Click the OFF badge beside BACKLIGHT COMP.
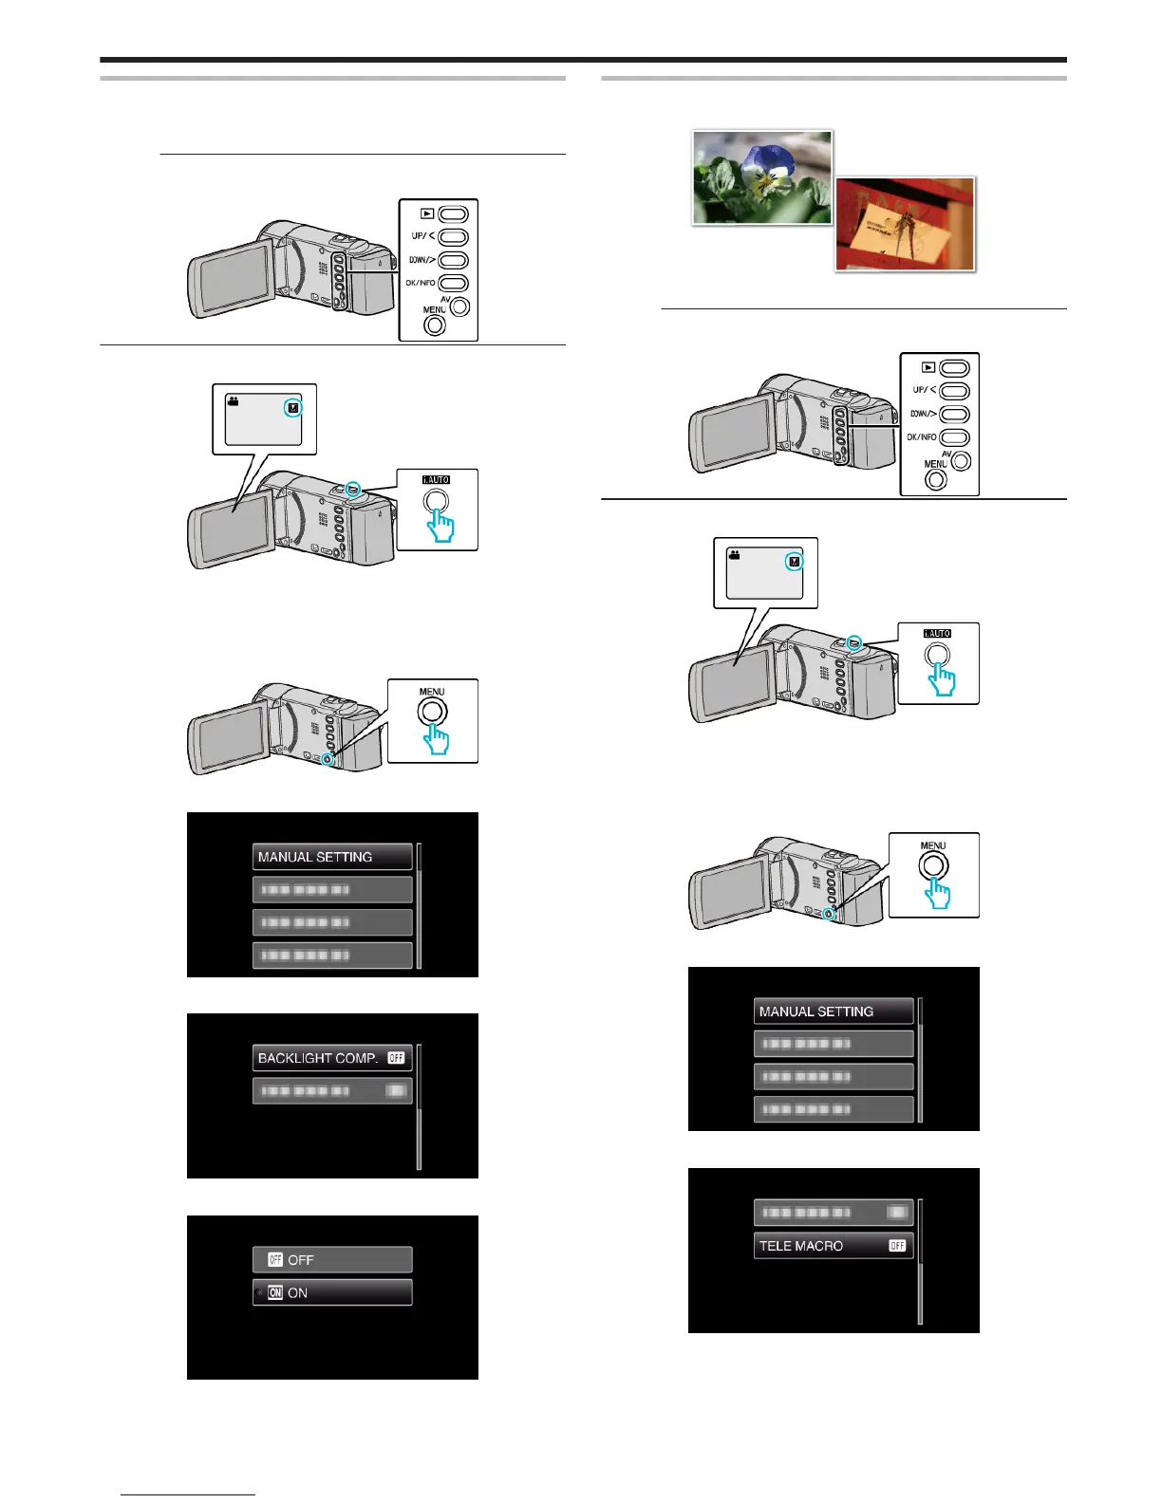point(396,1058)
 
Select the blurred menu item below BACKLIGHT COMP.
point(331,1091)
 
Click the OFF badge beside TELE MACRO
point(897,1246)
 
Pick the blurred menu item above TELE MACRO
point(833,1213)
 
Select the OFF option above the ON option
point(331,1260)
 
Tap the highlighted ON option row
point(331,1292)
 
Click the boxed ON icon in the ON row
point(275,1292)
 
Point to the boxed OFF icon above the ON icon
point(275,1260)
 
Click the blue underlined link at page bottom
point(188,1496)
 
